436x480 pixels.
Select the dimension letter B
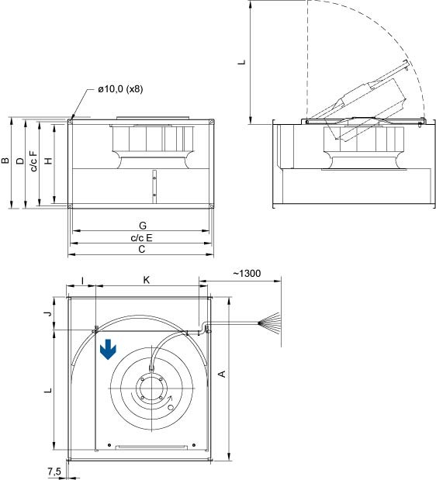[x=6, y=162]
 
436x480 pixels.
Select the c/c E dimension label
[x=141, y=237]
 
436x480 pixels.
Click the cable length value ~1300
[x=247, y=274]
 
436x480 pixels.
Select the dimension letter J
[x=48, y=313]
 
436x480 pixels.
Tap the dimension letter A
[x=223, y=375]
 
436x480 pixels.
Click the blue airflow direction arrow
[x=109, y=351]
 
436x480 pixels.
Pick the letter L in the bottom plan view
[x=48, y=392]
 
